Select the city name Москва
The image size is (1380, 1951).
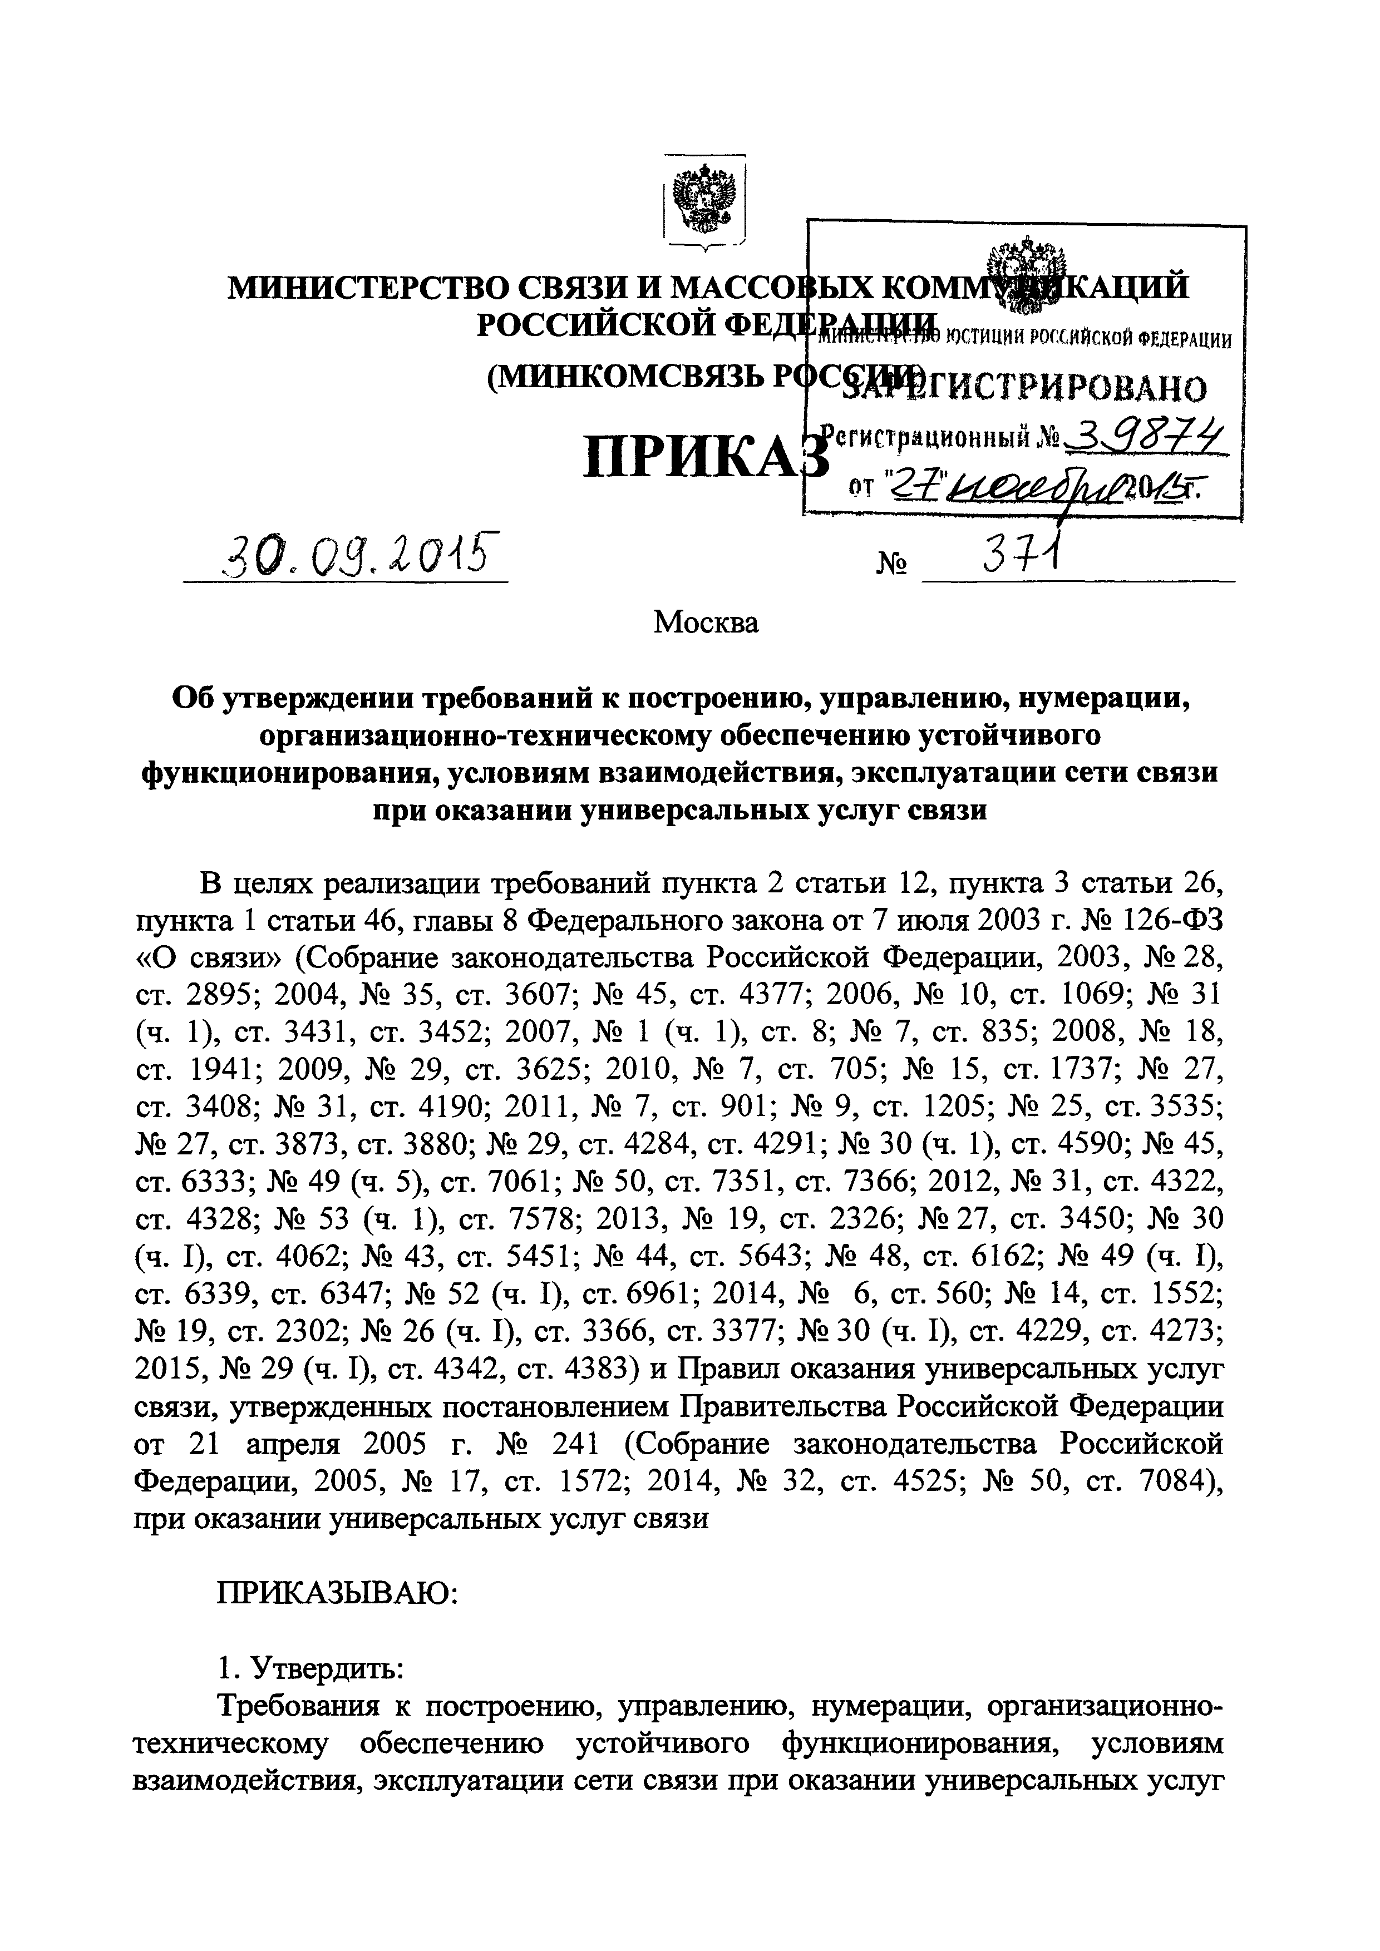coord(705,623)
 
